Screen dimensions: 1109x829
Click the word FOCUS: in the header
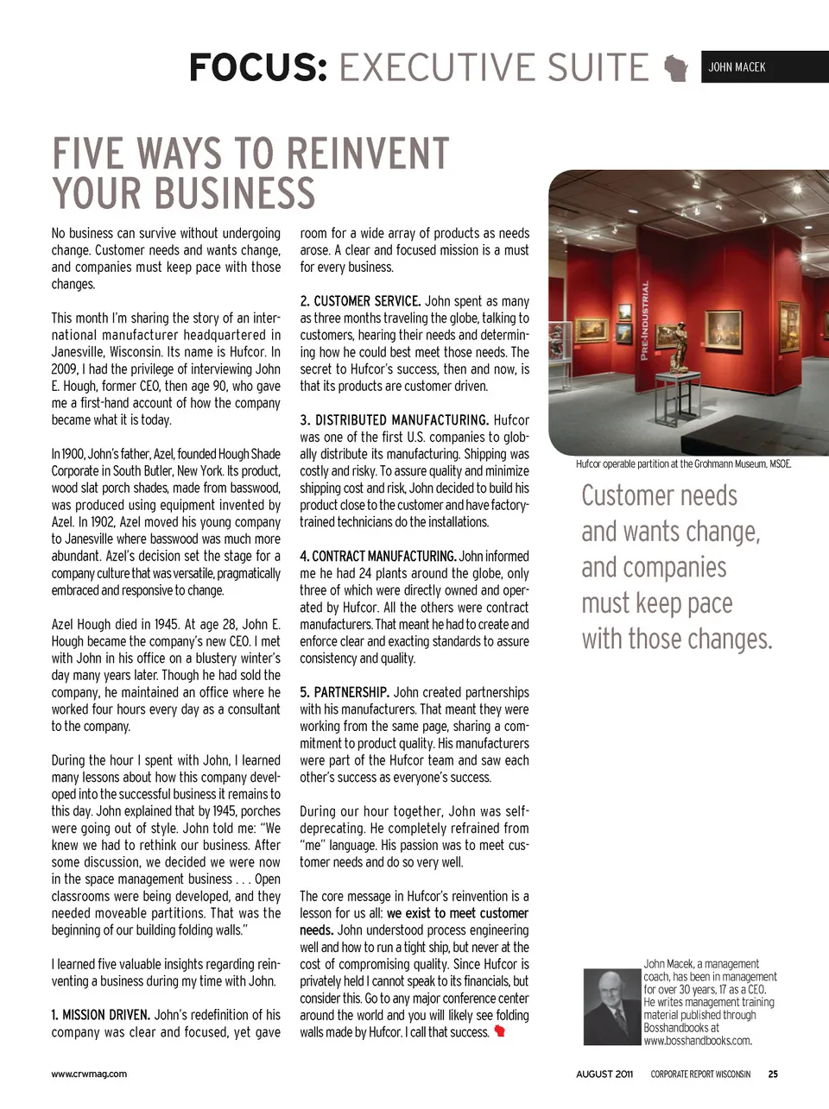pyautogui.click(x=258, y=67)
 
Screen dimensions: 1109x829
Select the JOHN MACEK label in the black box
pyautogui.click(x=737, y=67)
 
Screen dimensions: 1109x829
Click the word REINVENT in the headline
pyautogui.click(x=367, y=154)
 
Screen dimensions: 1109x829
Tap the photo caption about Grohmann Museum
pyautogui.click(x=683, y=464)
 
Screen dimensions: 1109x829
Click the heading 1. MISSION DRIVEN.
pyautogui.click(x=100, y=1015)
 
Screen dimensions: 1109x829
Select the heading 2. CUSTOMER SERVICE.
pyautogui.click(x=360, y=301)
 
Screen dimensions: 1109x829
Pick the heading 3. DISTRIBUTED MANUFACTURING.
pyautogui.click(x=394, y=420)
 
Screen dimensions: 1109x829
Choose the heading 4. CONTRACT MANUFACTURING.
pyautogui.click(x=377, y=557)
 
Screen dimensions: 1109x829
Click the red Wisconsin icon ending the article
pyautogui.click(x=499, y=1032)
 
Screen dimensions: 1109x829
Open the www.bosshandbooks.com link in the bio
pyautogui.click(x=697, y=1041)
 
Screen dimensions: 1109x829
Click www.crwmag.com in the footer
pyautogui.click(x=89, y=1074)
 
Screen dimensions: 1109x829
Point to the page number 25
pyautogui.click(x=773, y=1074)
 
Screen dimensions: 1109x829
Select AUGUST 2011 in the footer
pyautogui.click(x=604, y=1074)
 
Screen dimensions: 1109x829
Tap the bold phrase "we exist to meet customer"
pyautogui.click(x=457, y=913)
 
